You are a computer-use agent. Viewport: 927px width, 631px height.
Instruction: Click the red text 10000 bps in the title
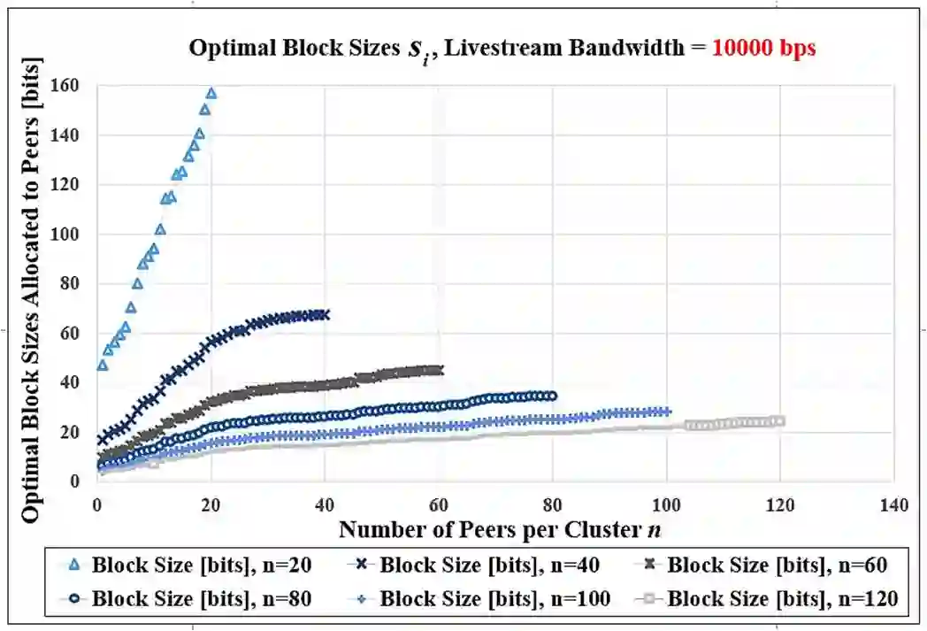[x=764, y=49]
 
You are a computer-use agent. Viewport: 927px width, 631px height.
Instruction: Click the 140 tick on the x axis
[x=893, y=505]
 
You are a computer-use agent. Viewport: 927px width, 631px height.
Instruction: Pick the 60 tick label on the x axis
[x=438, y=505]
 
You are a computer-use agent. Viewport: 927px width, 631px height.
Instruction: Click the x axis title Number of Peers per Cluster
[x=501, y=529]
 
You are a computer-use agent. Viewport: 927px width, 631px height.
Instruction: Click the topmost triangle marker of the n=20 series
[x=211, y=93]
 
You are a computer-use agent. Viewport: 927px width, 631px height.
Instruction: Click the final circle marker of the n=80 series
[x=553, y=396]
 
